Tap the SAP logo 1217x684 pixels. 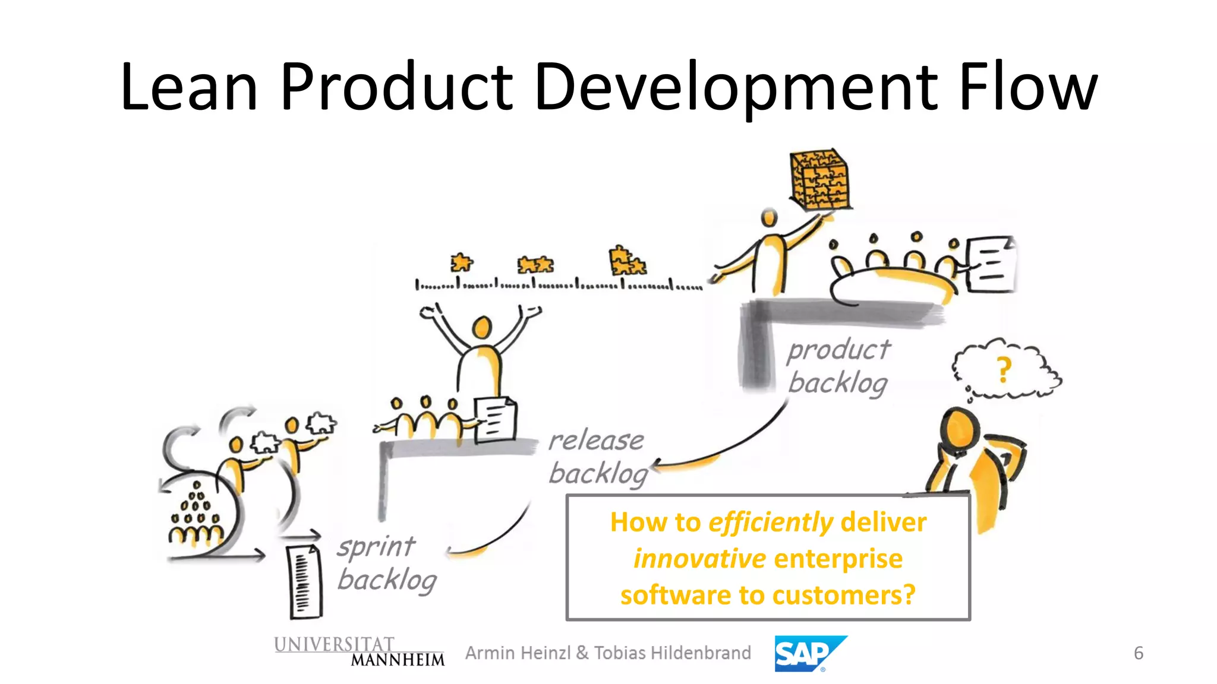(x=809, y=654)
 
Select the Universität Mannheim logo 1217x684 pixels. (x=359, y=652)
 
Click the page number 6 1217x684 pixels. (x=1138, y=653)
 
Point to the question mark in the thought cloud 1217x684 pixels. (x=1004, y=369)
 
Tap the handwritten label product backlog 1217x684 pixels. (x=838, y=366)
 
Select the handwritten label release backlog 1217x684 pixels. (x=597, y=457)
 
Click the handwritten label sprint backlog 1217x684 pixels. (x=386, y=563)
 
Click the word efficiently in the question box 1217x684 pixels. (x=771, y=522)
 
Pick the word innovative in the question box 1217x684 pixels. (x=699, y=559)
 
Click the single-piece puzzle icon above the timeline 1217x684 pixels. (x=461, y=262)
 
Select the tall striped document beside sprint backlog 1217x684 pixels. (x=304, y=581)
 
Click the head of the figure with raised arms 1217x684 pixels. (x=482, y=327)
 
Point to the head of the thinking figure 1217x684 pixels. (x=959, y=429)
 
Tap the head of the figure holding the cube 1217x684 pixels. (x=770, y=218)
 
